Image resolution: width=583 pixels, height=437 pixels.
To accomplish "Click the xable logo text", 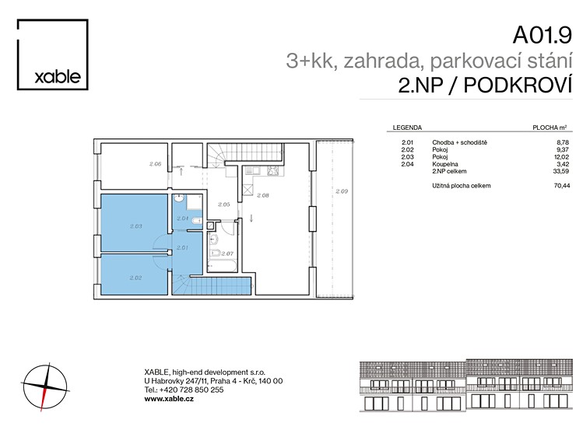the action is (x=58, y=77).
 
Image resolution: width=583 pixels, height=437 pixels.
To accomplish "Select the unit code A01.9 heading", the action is (x=542, y=35).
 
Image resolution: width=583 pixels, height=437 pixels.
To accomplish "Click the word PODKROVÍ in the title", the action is (x=518, y=86).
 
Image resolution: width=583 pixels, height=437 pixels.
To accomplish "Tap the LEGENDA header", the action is (x=407, y=128).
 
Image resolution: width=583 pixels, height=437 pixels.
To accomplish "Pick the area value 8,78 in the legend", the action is (x=563, y=142).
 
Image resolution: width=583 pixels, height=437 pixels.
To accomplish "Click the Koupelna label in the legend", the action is (x=445, y=164).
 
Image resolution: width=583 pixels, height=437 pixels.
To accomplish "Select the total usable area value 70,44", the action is (x=562, y=186).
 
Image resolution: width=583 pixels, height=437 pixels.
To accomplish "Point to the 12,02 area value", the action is (x=562, y=157).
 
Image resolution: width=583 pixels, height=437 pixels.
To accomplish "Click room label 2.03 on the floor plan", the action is (x=136, y=226).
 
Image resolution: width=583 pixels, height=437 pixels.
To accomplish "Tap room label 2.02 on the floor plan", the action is (x=135, y=278).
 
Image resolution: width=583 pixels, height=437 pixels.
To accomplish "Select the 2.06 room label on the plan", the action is (x=155, y=164).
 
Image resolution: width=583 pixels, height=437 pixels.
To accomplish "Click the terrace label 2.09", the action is (x=342, y=191).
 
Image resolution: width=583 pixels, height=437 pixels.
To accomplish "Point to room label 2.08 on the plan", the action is (x=263, y=195).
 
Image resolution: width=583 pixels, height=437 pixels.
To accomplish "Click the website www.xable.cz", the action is (x=169, y=399).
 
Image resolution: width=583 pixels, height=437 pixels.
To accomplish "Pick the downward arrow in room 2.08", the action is (x=251, y=218).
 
